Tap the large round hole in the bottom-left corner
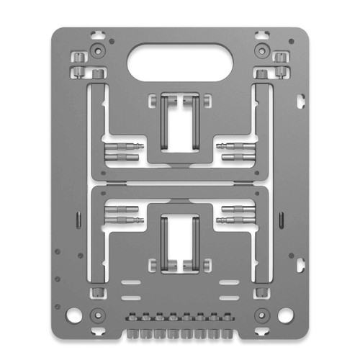[x=74, y=315]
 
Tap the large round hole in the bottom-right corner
[x=285, y=315]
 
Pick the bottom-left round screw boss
[x=95, y=314]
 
